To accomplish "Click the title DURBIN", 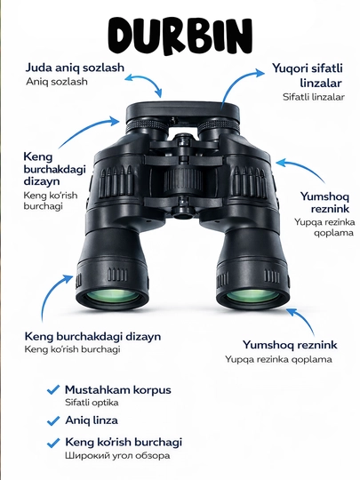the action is [x=180, y=36].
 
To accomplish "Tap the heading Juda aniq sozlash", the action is [x=75, y=68].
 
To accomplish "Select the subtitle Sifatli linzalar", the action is [x=314, y=97].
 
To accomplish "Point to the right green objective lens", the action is [x=253, y=296].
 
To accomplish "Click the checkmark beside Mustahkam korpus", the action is [x=53, y=390].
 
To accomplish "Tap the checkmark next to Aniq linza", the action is [x=53, y=420].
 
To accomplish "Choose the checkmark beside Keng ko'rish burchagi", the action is [x=53, y=443].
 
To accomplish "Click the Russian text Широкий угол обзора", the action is [x=117, y=455].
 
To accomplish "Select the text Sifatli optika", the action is [x=92, y=403].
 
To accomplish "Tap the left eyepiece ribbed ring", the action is [x=148, y=126].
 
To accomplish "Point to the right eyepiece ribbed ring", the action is [x=218, y=125].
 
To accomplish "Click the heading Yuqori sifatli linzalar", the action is [x=307, y=76].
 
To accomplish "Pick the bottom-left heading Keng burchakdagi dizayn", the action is [x=92, y=336].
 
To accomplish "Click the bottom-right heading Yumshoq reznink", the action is [x=290, y=345].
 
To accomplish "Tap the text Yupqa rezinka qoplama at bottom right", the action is [x=278, y=359].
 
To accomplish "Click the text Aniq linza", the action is [x=92, y=420].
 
